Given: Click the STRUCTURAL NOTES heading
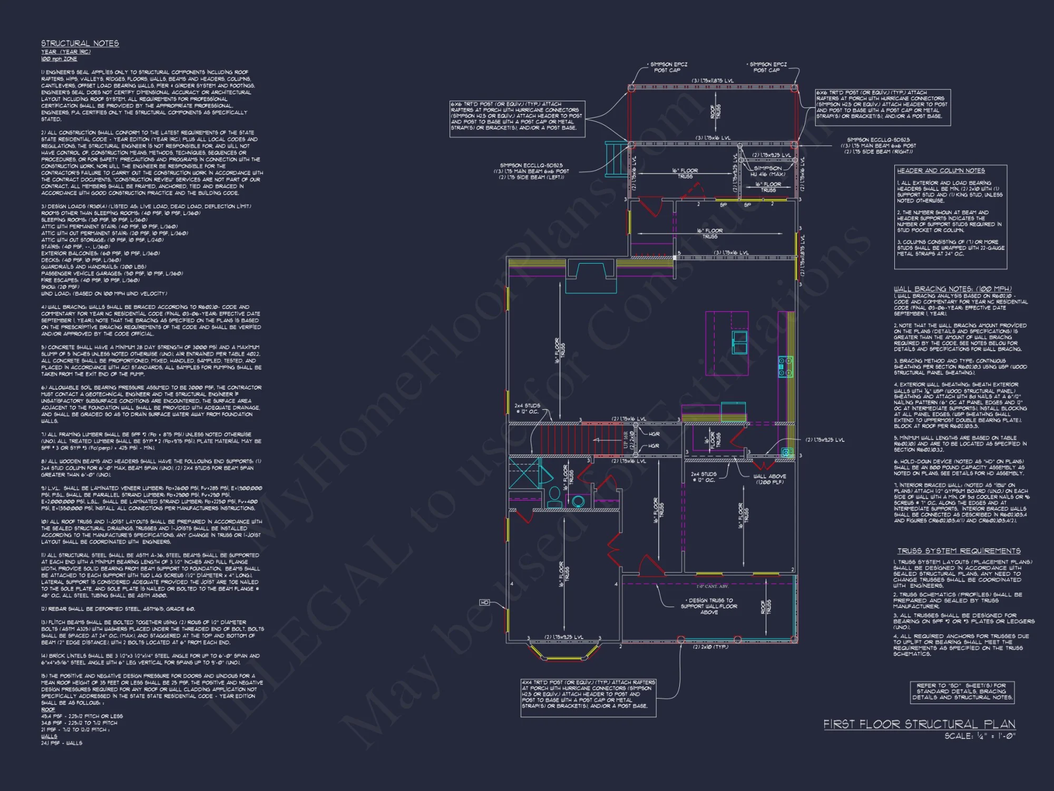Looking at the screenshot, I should tap(80, 43).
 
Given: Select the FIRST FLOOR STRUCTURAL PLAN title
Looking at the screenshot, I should tap(919, 724).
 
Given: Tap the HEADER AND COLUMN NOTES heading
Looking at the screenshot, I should tap(941, 170).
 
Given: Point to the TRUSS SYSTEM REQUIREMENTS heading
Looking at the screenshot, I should tap(959, 551).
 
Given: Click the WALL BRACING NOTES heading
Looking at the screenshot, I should tap(952, 288).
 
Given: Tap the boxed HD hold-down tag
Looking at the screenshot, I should tap(484, 602).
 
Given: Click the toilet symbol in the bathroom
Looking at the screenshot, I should tap(554, 496).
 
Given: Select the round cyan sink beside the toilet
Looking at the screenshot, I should tap(578, 500).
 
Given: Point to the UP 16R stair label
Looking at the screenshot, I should tap(626, 440).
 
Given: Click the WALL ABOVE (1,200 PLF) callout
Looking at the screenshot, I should tap(769, 479).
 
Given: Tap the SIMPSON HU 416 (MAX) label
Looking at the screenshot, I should tap(768, 171).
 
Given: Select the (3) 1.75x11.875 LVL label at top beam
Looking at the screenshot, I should tap(713, 81).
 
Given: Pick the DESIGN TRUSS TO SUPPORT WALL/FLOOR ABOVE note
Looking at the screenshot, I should tap(709, 606).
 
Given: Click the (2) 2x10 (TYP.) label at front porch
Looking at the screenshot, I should tap(710, 647).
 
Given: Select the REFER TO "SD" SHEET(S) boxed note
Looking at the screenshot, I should tap(961, 691).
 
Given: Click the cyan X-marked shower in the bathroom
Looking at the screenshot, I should tap(523, 473).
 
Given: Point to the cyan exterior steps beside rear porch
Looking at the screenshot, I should tap(614, 159).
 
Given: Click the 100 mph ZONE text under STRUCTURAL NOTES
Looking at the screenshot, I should tap(59, 59).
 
